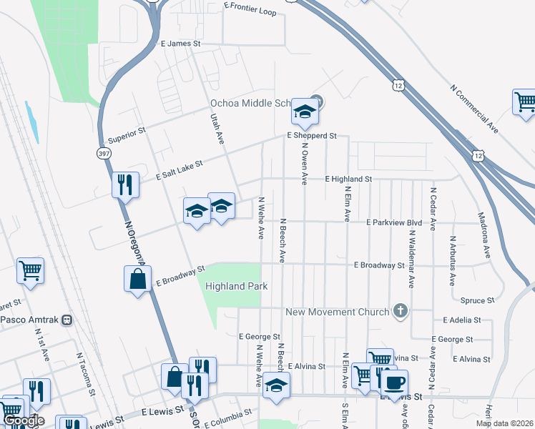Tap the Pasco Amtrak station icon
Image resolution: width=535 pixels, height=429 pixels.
click(67, 320)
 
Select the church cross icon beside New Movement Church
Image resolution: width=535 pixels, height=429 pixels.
click(401, 312)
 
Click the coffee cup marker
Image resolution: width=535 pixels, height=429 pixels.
click(393, 382)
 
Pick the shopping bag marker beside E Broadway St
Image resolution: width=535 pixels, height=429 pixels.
click(137, 279)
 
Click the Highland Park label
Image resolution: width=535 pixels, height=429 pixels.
click(236, 286)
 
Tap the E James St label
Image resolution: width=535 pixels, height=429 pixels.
click(181, 44)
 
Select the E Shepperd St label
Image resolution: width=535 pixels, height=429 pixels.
click(312, 135)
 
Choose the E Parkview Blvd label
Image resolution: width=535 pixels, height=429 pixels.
click(394, 222)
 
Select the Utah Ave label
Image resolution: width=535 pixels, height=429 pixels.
click(217, 129)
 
